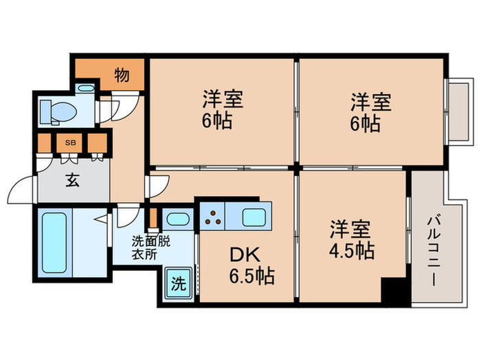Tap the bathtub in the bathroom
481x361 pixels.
pos(55,242)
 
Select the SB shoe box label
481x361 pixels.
pos(70,143)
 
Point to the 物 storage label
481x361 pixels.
pos(121,74)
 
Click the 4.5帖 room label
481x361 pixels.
pos(350,239)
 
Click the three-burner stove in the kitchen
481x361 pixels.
pos(212,218)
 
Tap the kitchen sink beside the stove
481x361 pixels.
pos(251,218)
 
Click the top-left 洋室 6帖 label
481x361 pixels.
pos(216,111)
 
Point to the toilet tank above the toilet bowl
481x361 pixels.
pos(86,89)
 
